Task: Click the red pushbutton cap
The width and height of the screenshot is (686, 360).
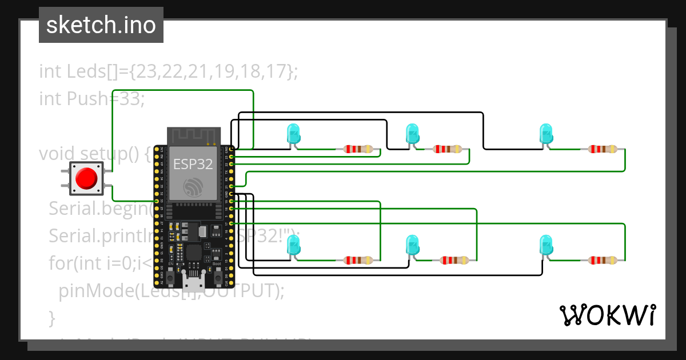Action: click(86, 178)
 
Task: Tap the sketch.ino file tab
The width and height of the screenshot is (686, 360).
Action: click(101, 25)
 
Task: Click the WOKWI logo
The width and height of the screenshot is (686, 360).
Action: click(607, 315)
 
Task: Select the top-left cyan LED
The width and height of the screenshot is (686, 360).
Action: click(293, 134)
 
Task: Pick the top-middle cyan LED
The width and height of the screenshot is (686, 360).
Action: click(412, 134)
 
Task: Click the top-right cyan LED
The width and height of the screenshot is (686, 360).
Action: click(547, 134)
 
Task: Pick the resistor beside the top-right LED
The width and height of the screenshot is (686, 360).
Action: click(602, 150)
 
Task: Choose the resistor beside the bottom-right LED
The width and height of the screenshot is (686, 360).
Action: click(602, 261)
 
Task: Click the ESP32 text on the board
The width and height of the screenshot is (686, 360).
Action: click(193, 165)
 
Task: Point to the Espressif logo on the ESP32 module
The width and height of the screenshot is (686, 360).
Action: click(193, 186)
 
